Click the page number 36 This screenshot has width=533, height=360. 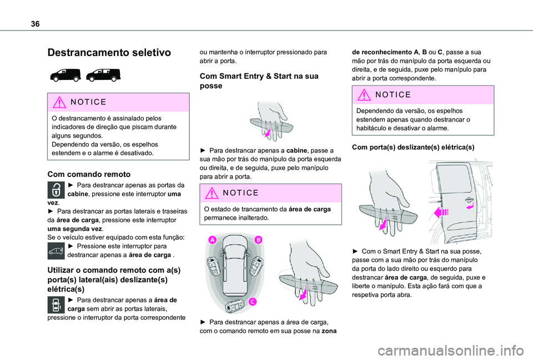35,24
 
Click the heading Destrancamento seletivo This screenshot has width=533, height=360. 109,52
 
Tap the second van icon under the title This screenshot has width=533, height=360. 103,75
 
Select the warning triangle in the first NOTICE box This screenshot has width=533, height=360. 59,102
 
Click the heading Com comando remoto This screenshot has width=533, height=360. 89,174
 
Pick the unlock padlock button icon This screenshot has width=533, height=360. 56,190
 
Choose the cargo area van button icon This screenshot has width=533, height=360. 56,251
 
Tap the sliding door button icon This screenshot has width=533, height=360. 56,305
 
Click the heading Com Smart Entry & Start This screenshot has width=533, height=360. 259,81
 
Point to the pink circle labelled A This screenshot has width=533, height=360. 213,240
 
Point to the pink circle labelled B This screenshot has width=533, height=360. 258,240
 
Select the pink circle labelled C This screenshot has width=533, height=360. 252,302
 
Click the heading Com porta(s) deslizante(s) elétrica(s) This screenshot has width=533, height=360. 413,147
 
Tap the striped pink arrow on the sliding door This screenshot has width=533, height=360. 441,212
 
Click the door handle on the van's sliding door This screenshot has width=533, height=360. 469,200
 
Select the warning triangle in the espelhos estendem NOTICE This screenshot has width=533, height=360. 364,94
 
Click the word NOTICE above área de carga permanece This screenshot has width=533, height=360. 240,193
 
